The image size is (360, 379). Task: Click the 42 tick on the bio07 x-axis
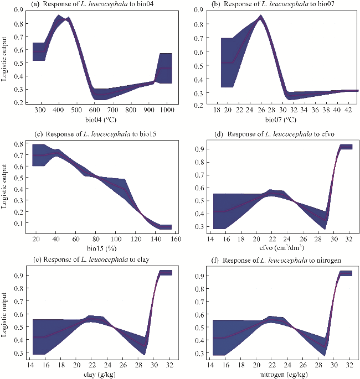click(349, 110)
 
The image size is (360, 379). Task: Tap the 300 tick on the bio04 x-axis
click(40, 110)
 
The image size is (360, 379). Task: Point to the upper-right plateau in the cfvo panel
click(346, 147)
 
